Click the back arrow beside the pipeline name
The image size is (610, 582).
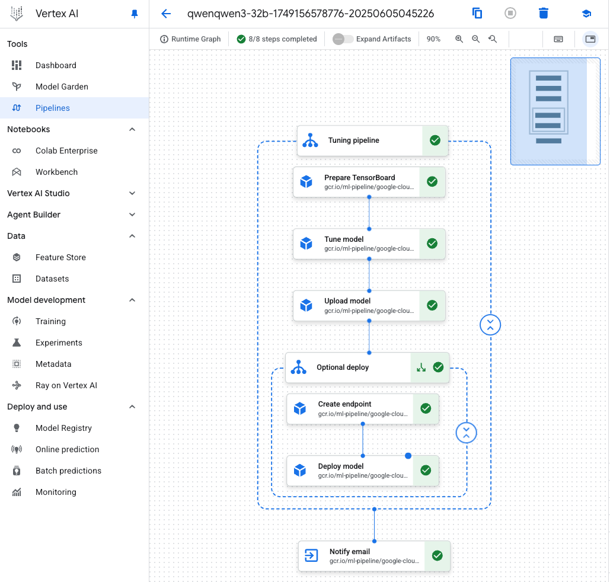pos(166,14)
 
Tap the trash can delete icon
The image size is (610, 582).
pos(544,13)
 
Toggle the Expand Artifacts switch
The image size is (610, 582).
pos(343,39)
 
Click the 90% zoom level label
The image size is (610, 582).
pos(433,39)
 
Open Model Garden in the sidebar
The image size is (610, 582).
pos(62,87)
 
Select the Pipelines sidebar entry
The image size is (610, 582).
pos(53,108)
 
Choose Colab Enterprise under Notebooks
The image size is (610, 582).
pos(66,151)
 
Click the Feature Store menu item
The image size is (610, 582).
pos(60,257)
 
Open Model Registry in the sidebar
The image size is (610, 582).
pos(64,428)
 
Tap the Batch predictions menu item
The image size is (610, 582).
pos(69,471)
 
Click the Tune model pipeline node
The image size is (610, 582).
pos(369,244)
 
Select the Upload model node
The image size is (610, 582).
pos(369,305)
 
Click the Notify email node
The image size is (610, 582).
pos(374,556)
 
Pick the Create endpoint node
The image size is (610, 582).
pos(363,408)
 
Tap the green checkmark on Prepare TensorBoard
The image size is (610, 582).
pos(432,182)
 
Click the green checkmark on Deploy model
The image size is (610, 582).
pos(426,471)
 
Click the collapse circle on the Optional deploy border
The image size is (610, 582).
pos(467,433)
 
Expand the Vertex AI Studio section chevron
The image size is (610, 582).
pos(132,193)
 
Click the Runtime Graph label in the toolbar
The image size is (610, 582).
pos(196,39)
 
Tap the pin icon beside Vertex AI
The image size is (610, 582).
pos(135,14)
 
